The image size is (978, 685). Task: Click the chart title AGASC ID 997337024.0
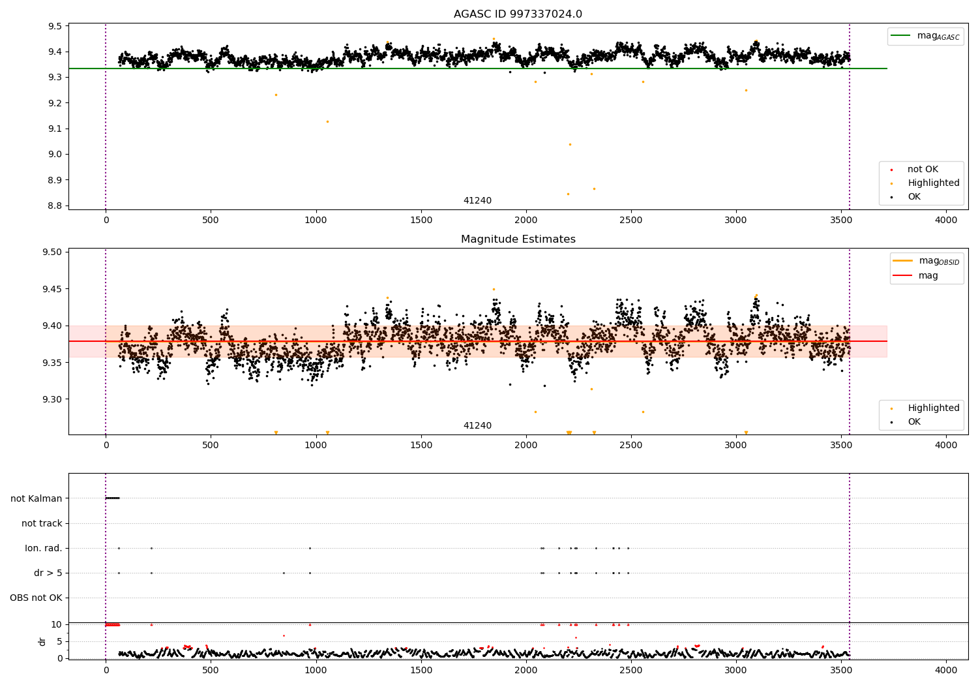518,14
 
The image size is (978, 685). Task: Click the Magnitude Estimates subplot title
518,239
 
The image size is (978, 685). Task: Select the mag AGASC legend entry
925,36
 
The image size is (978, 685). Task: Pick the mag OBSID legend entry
926,261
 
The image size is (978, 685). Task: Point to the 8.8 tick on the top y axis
55,205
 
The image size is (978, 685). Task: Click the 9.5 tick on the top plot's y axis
55,26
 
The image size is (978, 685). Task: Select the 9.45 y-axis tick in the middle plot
52,289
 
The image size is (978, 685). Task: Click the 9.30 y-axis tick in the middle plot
52,399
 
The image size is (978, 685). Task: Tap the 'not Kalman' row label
37,498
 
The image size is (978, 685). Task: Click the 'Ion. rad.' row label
43,548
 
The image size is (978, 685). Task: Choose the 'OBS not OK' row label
36,598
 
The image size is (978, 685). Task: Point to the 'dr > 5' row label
48,573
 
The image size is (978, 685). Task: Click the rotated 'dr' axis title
42,642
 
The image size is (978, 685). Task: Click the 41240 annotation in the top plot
477,200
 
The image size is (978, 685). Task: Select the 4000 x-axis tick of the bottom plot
946,670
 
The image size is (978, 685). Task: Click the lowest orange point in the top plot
568,194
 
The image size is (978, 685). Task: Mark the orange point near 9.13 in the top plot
327,122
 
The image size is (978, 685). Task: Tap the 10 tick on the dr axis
56,625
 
